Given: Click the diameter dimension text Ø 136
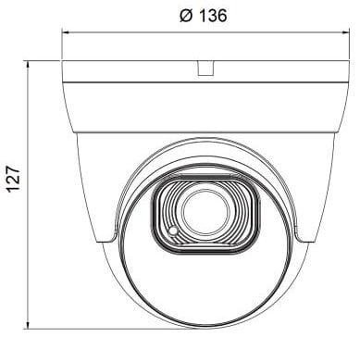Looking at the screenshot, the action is pyautogui.click(x=203, y=16).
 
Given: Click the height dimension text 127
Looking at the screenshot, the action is pyautogui.click(x=14, y=179).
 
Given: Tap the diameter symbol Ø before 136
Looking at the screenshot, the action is pyautogui.click(x=186, y=16).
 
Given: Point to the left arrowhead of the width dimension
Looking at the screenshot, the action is pyautogui.click(x=65, y=31).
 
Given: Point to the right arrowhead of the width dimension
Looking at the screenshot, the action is pyautogui.click(x=346, y=31).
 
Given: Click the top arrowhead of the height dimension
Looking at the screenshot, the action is pyautogui.click(x=28, y=64).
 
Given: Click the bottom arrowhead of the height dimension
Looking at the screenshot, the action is pyautogui.click(x=28, y=326).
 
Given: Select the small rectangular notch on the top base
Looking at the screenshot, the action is pyautogui.click(x=205, y=68).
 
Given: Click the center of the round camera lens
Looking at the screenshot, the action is pyautogui.click(x=205, y=213).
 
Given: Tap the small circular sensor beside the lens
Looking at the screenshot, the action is pyautogui.click(x=173, y=231).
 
